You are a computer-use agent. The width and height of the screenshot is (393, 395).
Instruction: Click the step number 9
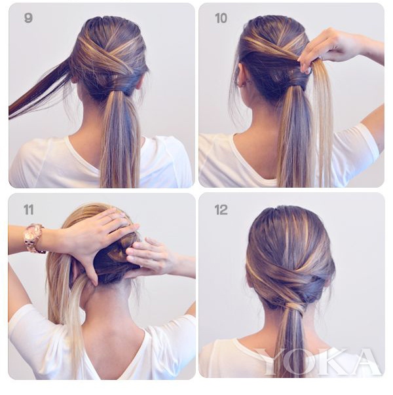(28, 18)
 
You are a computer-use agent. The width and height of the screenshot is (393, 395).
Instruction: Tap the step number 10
(221, 18)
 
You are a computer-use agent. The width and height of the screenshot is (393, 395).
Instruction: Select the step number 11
(29, 209)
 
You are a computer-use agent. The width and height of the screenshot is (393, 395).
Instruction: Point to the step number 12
(221, 210)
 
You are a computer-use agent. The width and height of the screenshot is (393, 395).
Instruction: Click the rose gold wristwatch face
(34, 233)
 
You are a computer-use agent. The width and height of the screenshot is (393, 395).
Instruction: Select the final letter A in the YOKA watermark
(365, 361)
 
